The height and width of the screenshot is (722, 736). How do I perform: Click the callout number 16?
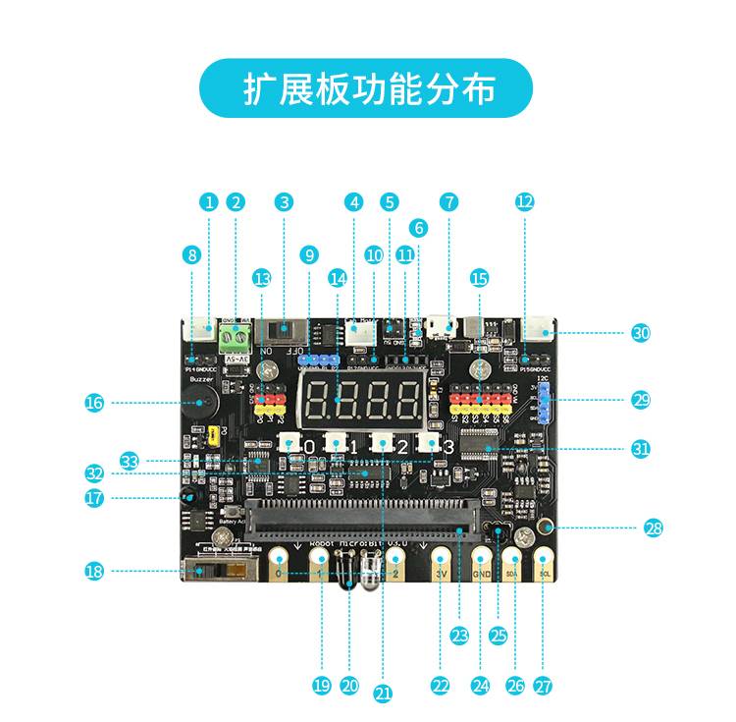(x=94, y=402)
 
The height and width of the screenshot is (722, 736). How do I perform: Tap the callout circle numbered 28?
(x=654, y=528)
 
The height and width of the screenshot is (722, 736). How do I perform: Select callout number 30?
(x=641, y=333)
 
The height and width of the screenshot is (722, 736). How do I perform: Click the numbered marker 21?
(x=383, y=694)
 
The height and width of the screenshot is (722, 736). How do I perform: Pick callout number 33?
(x=130, y=460)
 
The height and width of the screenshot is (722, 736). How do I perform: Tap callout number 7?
(x=449, y=202)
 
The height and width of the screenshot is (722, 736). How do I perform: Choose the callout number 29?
(x=641, y=400)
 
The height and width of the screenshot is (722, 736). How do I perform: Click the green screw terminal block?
(x=235, y=341)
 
